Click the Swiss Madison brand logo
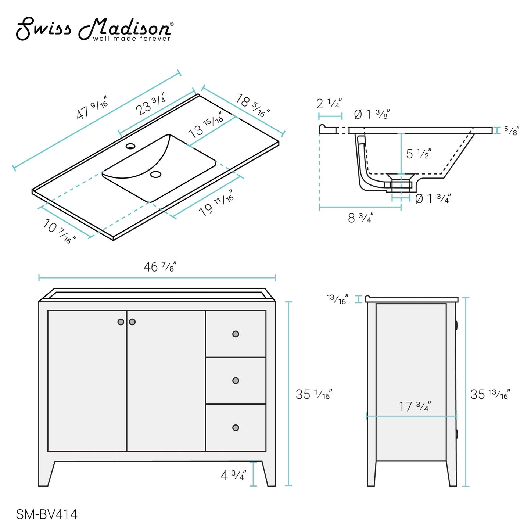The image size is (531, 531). [94, 29]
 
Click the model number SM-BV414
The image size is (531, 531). [47, 514]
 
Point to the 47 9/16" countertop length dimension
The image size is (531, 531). [92, 108]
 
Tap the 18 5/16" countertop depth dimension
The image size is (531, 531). [253, 105]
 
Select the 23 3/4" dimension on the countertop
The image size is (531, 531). [151, 104]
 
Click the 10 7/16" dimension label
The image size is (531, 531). [59, 231]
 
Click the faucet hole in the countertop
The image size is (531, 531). [130, 146]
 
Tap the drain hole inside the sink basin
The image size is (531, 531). [156, 174]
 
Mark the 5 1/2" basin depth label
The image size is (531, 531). [419, 154]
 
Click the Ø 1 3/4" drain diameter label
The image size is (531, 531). [433, 199]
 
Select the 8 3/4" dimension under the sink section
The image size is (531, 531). [360, 218]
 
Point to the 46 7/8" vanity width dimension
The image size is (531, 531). [160, 267]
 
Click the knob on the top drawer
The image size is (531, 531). [236, 334]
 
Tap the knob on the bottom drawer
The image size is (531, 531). [236, 427]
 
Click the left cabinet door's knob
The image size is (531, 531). [121, 322]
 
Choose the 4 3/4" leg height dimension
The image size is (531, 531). [233, 475]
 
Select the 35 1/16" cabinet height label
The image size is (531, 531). [314, 394]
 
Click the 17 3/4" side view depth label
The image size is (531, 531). [415, 406]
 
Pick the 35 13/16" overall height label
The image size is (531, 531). [490, 394]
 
